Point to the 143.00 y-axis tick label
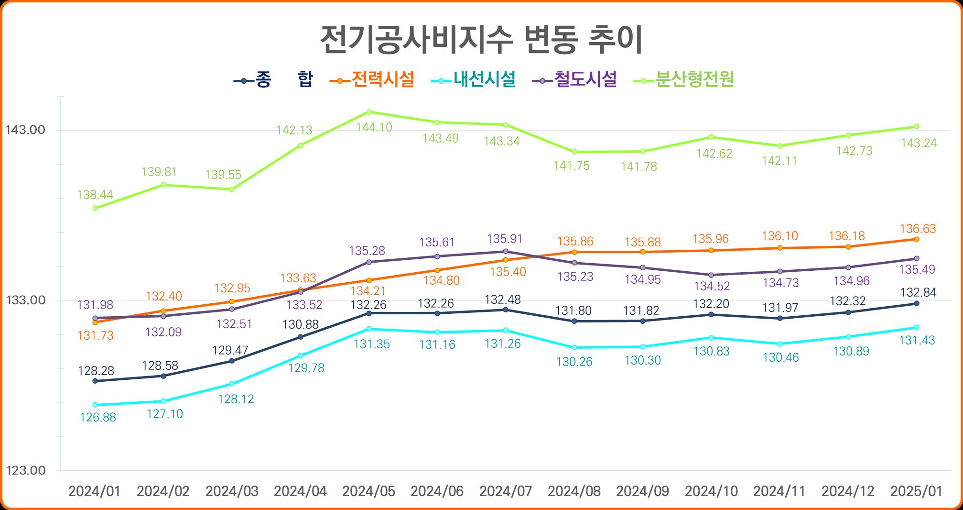click(x=25, y=130)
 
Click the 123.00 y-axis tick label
click(x=25, y=471)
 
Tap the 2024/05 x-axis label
click(x=369, y=491)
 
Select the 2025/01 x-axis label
click(x=917, y=491)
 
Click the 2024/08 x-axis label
click(x=574, y=491)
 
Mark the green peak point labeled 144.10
click(x=369, y=112)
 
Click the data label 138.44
click(x=95, y=195)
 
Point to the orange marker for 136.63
click(x=917, y=239)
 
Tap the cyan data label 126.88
click(x=98, y=418)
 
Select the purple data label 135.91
click(x=505, y=239)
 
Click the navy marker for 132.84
click(x=917, y=303)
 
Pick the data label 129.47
click(x=230, y=350)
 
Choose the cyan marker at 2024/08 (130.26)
click(x=574, y=347)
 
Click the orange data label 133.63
click(x=298, y=278)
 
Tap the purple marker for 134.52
click(x=711, y=275)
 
